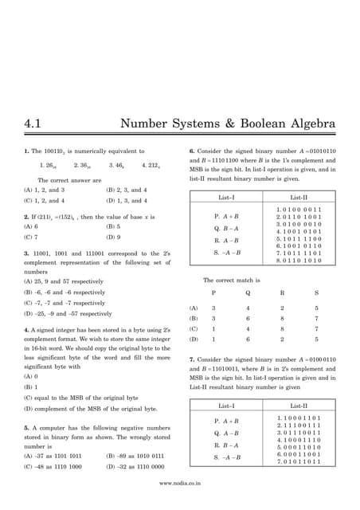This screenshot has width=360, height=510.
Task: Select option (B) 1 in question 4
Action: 31,386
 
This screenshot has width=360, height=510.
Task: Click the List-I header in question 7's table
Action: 227,406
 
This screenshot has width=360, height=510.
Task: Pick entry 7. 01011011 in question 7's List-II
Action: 299,461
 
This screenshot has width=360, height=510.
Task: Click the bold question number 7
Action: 191,359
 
